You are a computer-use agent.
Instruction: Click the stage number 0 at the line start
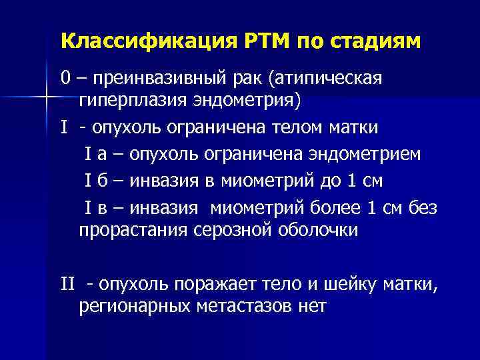[65, 79]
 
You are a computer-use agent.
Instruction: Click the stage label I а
[93, 154]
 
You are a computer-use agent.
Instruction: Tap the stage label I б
[93, 181]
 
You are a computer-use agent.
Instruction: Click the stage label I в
[93, 209]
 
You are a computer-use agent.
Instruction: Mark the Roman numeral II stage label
[67, 285]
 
